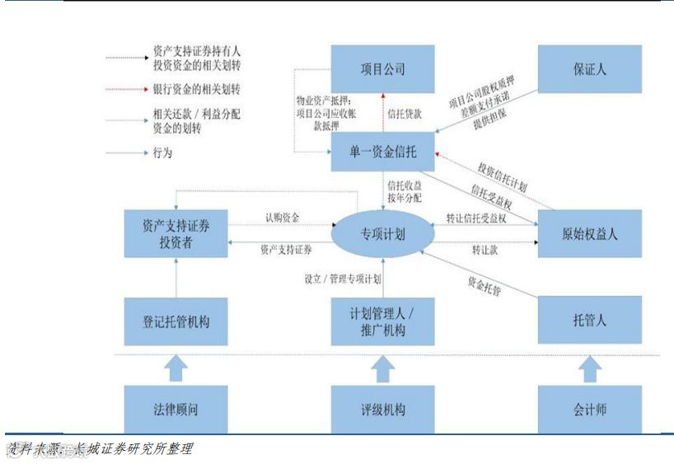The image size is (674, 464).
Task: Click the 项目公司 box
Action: coord(382,68)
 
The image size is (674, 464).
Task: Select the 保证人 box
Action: coord(589,68)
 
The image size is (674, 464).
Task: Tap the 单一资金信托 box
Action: coord(382,152)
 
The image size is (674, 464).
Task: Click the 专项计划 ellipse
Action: coord(382,233)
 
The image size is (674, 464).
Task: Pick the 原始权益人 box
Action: coord(589,233)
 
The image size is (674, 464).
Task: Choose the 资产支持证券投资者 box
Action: coord(176,233)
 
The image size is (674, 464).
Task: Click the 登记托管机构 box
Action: coord(176,321)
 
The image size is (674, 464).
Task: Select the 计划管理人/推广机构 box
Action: coord(382,321)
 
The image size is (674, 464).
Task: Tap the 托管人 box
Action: coord(589,321)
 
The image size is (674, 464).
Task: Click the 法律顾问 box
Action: coord(176,409)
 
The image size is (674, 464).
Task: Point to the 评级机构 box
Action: coord(382,409)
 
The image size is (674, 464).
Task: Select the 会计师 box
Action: coord(589,409)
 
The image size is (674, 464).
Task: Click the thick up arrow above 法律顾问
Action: coord(176,368)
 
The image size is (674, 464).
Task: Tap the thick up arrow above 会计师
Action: coord(589,368)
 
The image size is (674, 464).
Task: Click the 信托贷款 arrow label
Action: coord(404,113)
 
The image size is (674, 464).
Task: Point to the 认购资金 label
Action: coord(282,218)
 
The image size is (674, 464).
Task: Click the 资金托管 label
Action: coord(485,286)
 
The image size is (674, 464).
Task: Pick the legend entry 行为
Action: coord(162,152)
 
